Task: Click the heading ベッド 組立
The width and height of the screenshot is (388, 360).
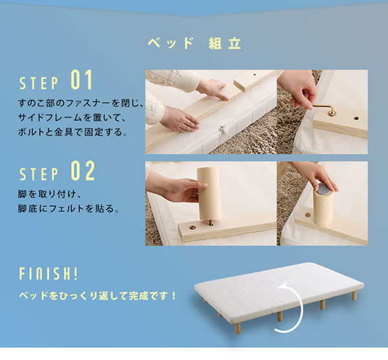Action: pos(194,43)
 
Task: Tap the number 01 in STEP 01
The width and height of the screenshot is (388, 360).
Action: pos(81,80)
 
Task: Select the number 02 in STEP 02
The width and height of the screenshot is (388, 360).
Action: pos(83,171)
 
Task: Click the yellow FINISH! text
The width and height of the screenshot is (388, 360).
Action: pos(48,273)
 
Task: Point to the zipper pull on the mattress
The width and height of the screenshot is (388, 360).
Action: pos(221,131)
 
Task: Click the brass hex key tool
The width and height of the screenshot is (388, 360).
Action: pos(324,109)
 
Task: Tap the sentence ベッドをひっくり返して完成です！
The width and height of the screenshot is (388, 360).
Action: pos(98,296)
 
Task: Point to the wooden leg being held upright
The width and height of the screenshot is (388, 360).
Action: pos(208,193)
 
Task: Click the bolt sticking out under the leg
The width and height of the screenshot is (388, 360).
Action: pos(211,223)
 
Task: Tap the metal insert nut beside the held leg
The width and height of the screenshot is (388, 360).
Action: pos(192,227)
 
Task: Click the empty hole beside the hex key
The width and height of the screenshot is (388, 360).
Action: pos(356,118)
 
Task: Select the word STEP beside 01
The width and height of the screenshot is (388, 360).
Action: pos(39,83)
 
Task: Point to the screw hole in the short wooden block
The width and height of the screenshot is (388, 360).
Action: pos(255,74)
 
